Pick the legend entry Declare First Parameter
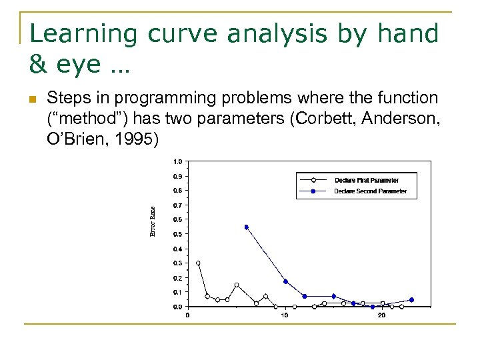click(x=366, y=180)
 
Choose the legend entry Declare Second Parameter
click(x=369, y=191)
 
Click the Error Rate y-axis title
click(x=152, y=221)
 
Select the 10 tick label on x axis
click(x=285, y=315)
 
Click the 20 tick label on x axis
click(x=381, y=315)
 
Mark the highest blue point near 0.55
click(x=246, y=227)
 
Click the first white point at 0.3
click(x=198, y=263)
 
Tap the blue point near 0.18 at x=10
click(x=285, y=281)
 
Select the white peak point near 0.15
click(x=237, y=285)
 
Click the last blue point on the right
click(x=411, y=300)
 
